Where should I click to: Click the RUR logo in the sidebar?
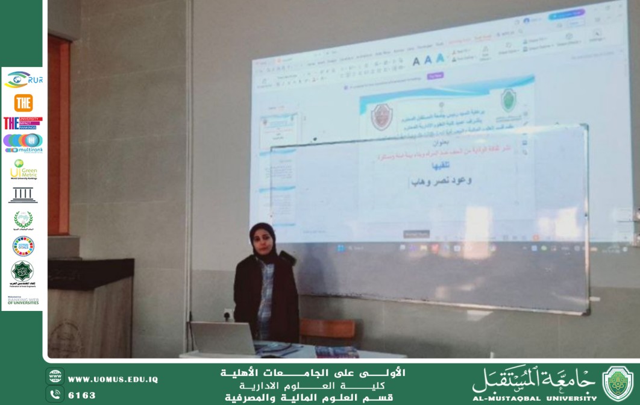tap(23, 80)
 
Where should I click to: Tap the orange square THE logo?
tap(23, 102)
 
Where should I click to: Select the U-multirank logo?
tap(23, 143)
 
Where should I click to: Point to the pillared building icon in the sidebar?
tap(23, 195)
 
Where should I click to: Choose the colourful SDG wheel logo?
tap(23, 245)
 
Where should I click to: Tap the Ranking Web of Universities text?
tap(23, 300)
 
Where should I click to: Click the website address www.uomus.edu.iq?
tap(113, 380)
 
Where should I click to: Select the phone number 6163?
tap(82, 395)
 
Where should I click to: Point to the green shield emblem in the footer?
tap(617, 383)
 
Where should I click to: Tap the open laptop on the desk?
tap(224, 339)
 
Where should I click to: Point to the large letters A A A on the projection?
tap(428, 60)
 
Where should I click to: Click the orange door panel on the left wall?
tap(58, 136)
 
